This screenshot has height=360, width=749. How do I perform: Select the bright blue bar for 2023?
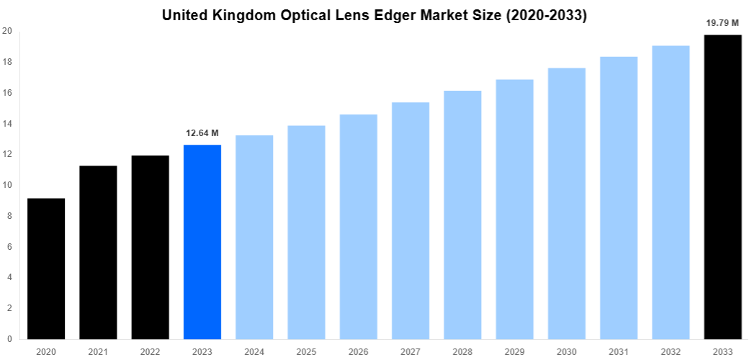pyautogui.click(x=202, y=242)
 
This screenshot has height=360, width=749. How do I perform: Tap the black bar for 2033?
pyautogui.click(x=722, y=187)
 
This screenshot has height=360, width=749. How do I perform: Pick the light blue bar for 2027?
pyautogui.click(x=411, y=220)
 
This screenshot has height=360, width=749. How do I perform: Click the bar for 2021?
pyautogui.click(x=98, y=252)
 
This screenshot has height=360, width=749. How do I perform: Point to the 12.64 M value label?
pyautogui.click(x=202, y=133)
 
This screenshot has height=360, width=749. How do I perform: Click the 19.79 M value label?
pyautogui.click(x=722, y=23)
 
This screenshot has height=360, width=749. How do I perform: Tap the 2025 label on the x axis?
pyautogui.click(x=306, y=351)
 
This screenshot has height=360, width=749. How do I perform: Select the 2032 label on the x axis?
pyautogui.click(x=670, y=351)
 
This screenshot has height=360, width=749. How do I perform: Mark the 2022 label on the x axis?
pyautogui.click(x=150, y=351)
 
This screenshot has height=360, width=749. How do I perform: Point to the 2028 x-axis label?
pyautogui.click(x=462, y=351)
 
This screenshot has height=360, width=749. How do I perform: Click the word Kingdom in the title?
pyautogui.click(x=243, y=15)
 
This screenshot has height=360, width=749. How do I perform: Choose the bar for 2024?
pyautogui.click(x=254, y=237)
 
